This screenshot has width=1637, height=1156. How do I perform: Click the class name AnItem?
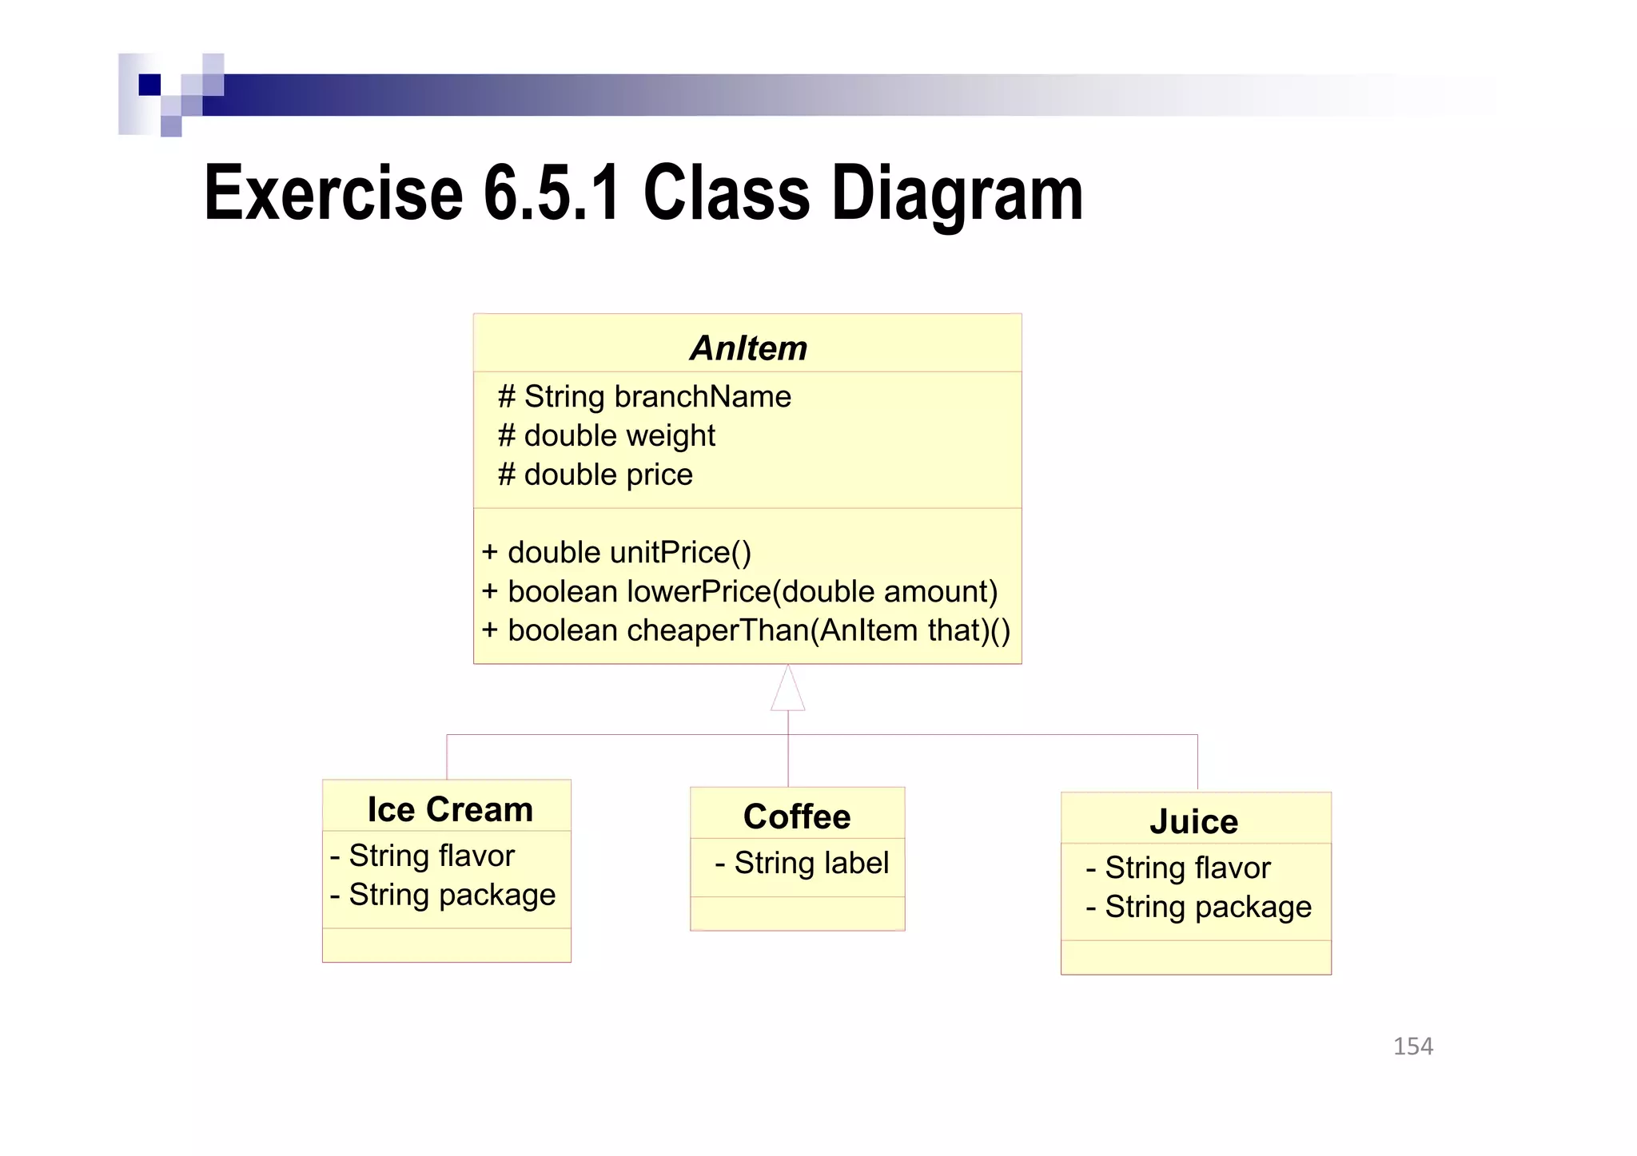[x=748, y=348]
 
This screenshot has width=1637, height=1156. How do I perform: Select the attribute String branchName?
[x=644, y=396]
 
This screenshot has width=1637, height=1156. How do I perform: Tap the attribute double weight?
[x=606, y=435]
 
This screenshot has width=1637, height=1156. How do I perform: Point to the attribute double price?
[x=595, y=475]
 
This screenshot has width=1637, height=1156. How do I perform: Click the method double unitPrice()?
[x=616, y=552]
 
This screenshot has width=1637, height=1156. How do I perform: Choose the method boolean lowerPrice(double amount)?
[x=739, y=591]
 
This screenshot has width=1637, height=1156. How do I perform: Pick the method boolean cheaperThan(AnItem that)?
[x=746, y=630]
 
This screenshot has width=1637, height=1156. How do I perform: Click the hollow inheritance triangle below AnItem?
[x=787, y=691]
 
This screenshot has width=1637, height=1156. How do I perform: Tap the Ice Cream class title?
[x=450, y=809]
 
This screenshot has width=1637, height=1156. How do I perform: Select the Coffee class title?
[x=797, y=816]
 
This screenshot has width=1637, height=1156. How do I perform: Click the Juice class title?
[x=1194, y=821]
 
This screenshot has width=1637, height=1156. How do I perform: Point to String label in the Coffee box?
[x=802, y=863]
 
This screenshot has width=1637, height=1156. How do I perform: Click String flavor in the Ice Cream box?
[x=423, y=856]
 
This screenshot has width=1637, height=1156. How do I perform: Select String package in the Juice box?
[x=1198, y=907]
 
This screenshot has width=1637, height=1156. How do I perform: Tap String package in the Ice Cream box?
[x=443, y=895]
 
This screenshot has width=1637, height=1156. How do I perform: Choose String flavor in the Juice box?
[x=1178, y=868]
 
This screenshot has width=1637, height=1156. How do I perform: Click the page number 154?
[x=1412, y=1046]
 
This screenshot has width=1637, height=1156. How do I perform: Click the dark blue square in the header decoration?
[x=149, y=85]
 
